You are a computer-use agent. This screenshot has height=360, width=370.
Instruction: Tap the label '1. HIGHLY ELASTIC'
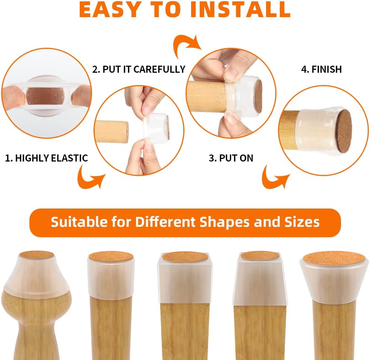point(47,158)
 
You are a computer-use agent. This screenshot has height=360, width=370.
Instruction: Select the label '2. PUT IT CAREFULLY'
point(139,69)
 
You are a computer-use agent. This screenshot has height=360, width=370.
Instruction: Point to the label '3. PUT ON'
point(231,158)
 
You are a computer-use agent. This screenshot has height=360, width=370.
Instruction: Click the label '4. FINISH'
point(322,69)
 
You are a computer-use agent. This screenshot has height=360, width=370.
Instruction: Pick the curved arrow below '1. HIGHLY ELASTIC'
point(91,177)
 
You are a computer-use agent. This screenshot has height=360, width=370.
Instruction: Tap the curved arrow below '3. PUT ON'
point(275,177)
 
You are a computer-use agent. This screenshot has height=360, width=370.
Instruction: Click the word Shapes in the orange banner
point(224,222)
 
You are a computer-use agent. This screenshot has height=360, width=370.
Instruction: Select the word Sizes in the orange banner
point(302,222)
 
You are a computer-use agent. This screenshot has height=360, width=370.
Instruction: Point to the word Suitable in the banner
point(79,222)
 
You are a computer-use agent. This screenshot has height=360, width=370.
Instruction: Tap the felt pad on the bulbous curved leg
point(37,255)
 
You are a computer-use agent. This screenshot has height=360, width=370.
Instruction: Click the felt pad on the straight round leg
point(111,257)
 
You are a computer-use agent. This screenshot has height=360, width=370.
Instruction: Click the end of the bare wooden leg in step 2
point(127,132)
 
